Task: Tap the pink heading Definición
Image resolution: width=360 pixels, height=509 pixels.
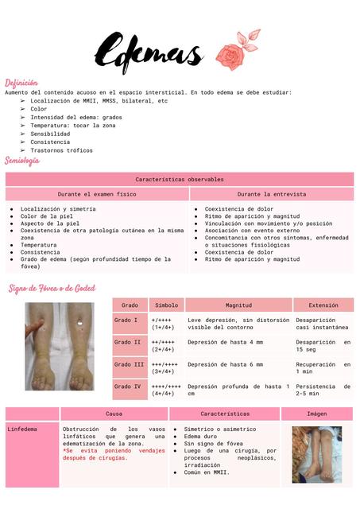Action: [x=21, y=83]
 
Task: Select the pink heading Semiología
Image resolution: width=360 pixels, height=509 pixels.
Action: [x=22, y=161]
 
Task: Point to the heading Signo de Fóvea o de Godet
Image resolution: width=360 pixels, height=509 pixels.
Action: [x=52, y=287]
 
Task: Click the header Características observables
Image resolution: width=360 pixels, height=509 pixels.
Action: [x=180, y=180]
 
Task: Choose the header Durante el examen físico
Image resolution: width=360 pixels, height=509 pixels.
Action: [x=97, y=194]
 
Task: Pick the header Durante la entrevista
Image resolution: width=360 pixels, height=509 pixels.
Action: [x=271, y=194]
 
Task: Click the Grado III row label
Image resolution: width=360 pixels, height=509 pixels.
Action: [x=128, y=364]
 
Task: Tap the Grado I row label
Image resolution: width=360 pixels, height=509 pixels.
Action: [x=126, y=320]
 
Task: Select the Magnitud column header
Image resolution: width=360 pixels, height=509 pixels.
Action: [x=238, y=305]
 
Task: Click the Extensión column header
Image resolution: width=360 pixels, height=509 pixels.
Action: [x=323, y=305]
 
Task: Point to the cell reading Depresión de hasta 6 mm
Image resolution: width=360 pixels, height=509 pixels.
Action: [x=226, y=364]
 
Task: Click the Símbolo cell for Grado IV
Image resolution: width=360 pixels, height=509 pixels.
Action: [x=166, y=390]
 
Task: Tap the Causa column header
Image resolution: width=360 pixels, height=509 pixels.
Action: [x=114, y=414]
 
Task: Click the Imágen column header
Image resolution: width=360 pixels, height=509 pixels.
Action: [x=316, y=414]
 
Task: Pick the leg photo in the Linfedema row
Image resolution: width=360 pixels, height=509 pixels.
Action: [x=316, y=454]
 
